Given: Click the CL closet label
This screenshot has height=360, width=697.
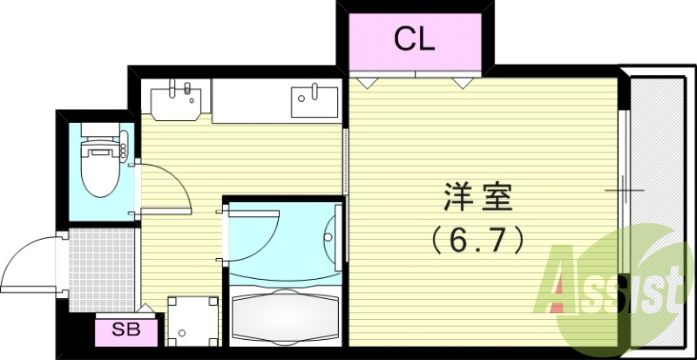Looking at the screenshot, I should tap(414, 40).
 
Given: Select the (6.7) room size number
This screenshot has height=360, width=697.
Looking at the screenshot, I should tap(475, 238).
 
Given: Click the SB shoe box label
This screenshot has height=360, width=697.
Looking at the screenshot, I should tap(128, 329).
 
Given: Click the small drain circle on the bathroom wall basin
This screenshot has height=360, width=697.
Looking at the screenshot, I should tap(328, 234).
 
